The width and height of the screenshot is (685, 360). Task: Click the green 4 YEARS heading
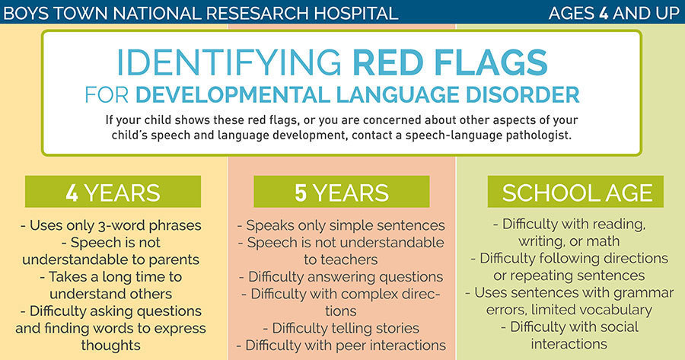[113, 192]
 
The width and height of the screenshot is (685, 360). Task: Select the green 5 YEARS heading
[342, 192]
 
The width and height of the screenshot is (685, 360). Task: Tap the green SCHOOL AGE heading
[576, 192]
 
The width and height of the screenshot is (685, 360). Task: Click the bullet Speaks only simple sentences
[342, 226]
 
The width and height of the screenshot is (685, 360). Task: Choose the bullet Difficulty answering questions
[342, 276]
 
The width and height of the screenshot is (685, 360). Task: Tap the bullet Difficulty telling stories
[342, 328]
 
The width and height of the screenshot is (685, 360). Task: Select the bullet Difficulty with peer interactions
[342, 345]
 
